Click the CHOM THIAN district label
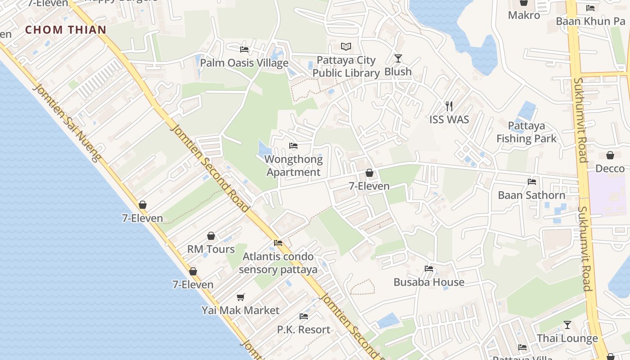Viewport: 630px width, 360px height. point(66,30)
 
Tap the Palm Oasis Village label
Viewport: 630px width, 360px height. point(244,63)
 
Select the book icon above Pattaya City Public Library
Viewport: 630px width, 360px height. point(346,47)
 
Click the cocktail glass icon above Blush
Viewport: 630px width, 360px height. point(398,58)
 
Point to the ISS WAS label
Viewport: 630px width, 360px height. point(449,120)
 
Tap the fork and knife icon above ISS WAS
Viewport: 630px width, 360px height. point(449,106)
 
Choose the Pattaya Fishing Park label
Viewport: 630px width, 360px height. point(526,132)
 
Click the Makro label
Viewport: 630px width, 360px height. point(524,15)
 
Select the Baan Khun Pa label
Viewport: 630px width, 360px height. point(590,21)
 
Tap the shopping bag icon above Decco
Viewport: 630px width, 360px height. point(610,155)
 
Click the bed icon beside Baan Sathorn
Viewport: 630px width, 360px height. point(532,182)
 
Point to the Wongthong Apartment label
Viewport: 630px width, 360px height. point(293,166)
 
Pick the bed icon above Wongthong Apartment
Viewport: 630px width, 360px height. point(293,146)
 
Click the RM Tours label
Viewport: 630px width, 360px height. point(211,249)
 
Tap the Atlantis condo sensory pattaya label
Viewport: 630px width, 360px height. point(278,263)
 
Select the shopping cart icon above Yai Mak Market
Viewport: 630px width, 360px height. point(241,297)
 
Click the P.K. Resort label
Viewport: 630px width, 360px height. point(304,330)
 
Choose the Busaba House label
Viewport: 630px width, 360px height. point(429,282)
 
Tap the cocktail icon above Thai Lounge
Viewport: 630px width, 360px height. point(567,325)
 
